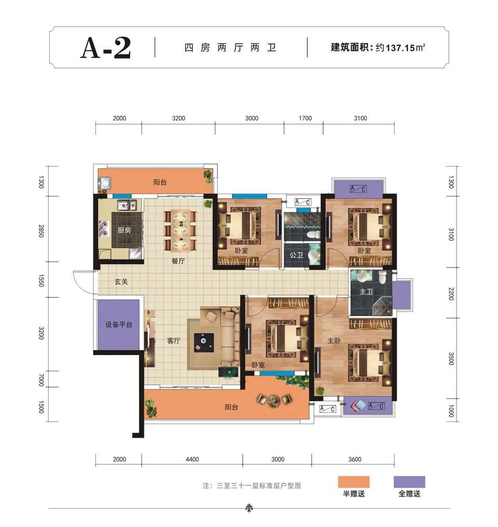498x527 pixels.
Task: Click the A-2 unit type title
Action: [106, 48]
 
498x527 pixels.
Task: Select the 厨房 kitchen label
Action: [125, 230]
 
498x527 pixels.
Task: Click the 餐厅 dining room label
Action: [178, 261]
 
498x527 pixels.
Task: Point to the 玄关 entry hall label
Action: [121, 281]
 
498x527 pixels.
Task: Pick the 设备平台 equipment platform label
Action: [119, 325]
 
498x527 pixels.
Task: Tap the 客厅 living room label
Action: [174, 341]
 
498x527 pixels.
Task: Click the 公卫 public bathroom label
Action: [297, 255]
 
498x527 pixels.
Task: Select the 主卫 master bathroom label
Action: [366, 291]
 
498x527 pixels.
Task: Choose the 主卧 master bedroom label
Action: [334, 341]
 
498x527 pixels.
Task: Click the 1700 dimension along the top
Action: [305, 118]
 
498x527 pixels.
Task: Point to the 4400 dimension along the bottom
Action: [192, 459]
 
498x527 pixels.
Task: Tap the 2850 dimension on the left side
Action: [41, 231]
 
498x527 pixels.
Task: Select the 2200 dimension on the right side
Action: [451, 294]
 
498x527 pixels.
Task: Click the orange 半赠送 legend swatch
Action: [354, 482]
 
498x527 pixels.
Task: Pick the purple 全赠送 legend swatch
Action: [409, 482]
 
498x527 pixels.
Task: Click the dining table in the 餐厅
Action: [181, 230]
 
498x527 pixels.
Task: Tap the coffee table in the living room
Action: [204, 343]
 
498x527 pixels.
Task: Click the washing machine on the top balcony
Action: [106, 183]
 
